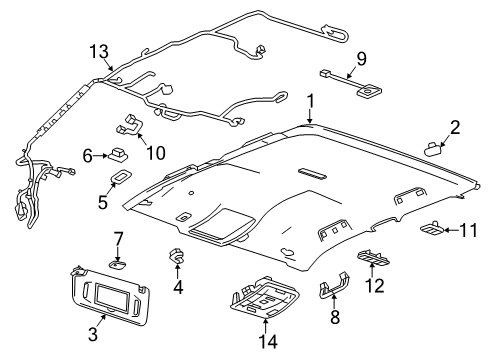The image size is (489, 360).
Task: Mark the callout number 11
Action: coord(468,230)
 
